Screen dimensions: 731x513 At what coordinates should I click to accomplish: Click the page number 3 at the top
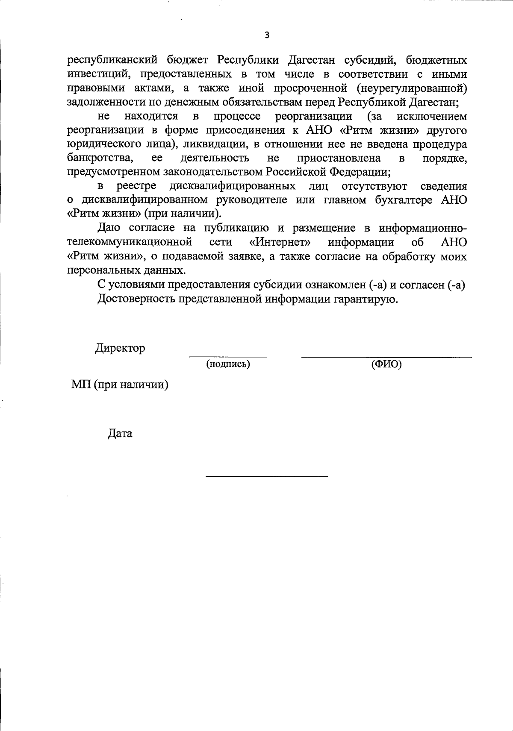tap(267, 35)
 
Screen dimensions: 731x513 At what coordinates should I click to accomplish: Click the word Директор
tap(120, 348)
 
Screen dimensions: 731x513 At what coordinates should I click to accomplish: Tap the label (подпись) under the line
tap(228, 364)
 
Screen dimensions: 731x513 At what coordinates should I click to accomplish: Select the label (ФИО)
tap(386, 364)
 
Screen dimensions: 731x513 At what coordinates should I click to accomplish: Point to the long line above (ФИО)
tap(386, 357)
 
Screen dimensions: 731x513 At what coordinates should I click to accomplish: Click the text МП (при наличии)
tap(120, 385)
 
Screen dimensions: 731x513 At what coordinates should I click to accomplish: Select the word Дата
tap(120, 434)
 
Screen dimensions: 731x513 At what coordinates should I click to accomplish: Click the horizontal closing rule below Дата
tap(267, 476)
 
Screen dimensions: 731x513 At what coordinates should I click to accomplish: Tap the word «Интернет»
tap(280, 242)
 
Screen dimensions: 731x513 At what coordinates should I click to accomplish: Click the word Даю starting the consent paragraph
tap(109, 228)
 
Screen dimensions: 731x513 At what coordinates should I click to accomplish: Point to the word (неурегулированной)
tap(413, 88)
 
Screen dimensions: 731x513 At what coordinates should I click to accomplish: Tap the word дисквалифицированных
tap(232, 186)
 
